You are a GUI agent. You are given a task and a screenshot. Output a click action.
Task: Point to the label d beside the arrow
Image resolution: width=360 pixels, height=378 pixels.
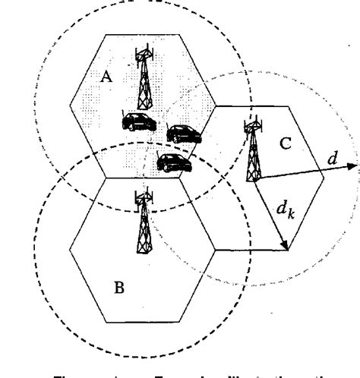click(332, 159)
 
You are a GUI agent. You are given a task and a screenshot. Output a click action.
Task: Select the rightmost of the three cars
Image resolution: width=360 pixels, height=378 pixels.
click(183, 134)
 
